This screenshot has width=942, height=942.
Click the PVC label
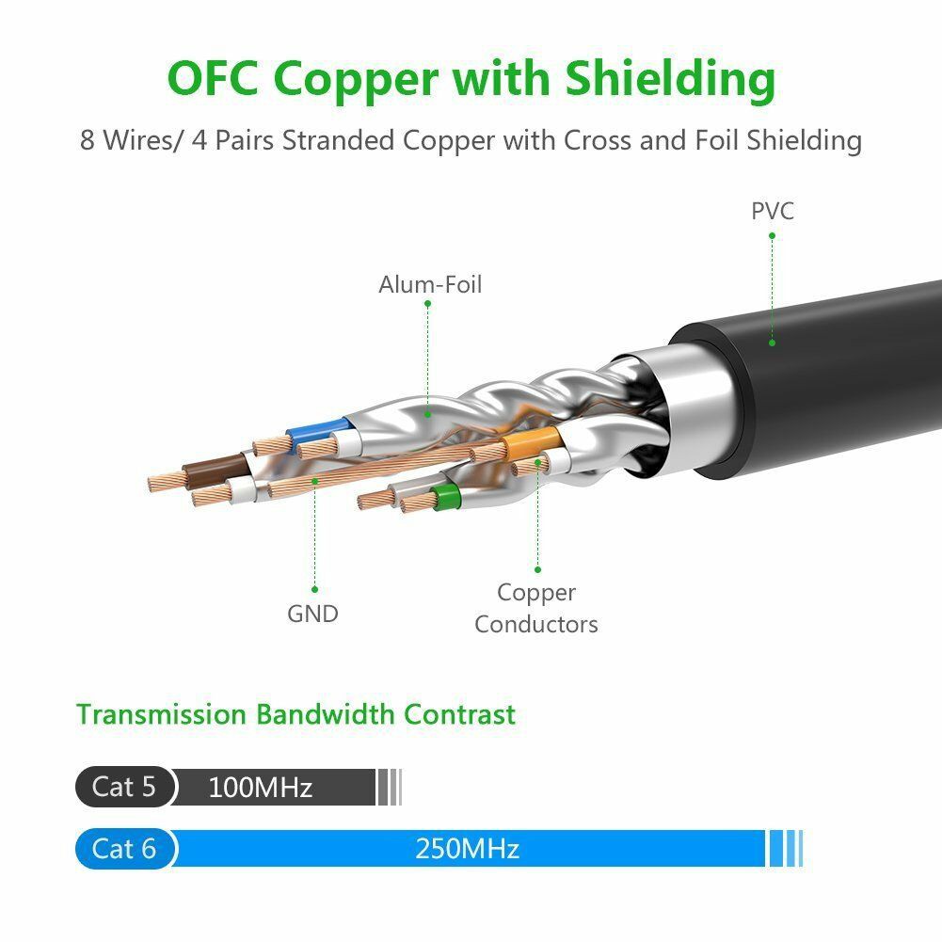(x=772, y=210)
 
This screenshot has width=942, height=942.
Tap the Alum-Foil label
(x=430, y=284)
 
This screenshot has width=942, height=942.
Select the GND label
(x=312, y=614)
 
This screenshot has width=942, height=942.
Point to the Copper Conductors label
(x=536, y=608)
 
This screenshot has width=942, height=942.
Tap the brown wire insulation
(x=217, y=468)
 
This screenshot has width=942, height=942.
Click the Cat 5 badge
(x=124, y=787)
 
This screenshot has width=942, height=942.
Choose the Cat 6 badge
(x=124, y=849)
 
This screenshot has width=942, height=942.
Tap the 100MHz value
(x=260, y=787)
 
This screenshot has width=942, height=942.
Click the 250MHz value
(x=467, y=849)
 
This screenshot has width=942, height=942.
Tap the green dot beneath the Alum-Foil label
(x=427, y=411)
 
